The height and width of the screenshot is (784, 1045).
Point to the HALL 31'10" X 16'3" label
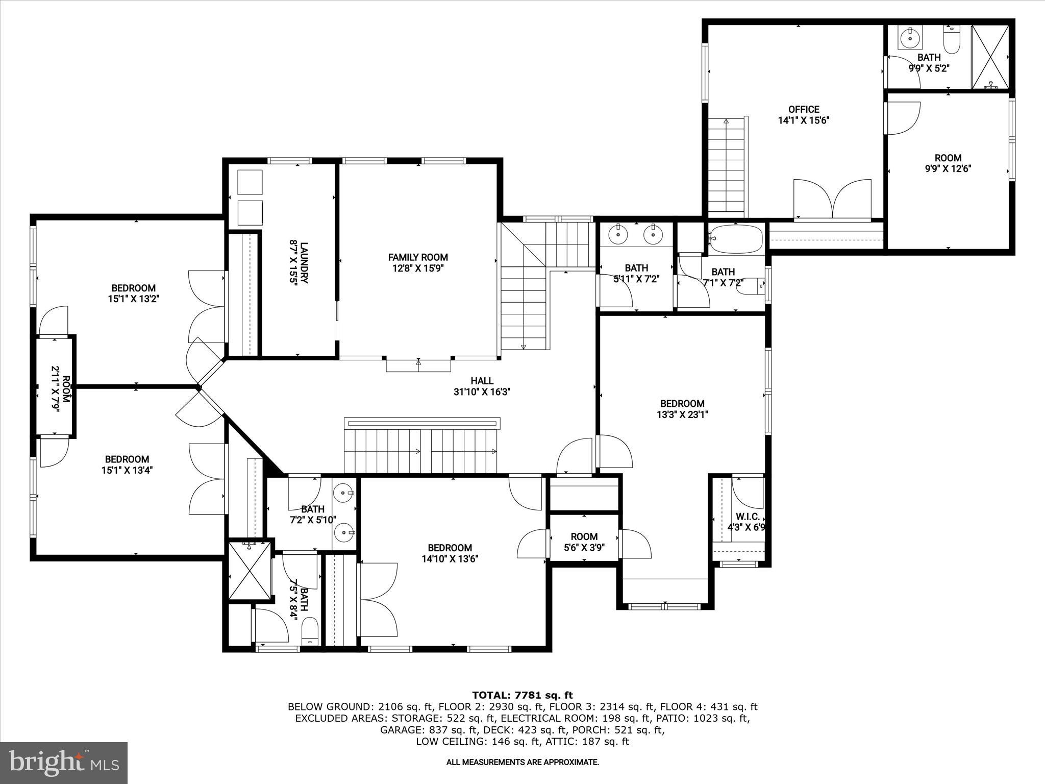(482, 386)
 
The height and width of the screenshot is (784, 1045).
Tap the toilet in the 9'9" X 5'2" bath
(952, 40)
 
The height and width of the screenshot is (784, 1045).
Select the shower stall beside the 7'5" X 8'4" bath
(250, 571)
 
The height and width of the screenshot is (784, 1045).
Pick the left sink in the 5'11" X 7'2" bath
(618, 235)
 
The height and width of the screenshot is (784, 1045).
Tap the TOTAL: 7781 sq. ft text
(522, 695)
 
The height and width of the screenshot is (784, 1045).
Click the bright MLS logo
(64, 763)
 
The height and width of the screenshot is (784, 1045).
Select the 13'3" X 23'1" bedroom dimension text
(682, 415)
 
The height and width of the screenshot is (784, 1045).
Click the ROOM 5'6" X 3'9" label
(584, 542)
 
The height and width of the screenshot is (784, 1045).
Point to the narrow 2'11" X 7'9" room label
(55, 386)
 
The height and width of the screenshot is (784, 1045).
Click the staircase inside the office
(726, 166)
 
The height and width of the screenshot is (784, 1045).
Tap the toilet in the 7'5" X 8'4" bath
(310, 631)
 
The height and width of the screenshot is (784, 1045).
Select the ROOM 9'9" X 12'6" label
(948, 163)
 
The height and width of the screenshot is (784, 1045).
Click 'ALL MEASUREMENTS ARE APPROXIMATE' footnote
(522, 762)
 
